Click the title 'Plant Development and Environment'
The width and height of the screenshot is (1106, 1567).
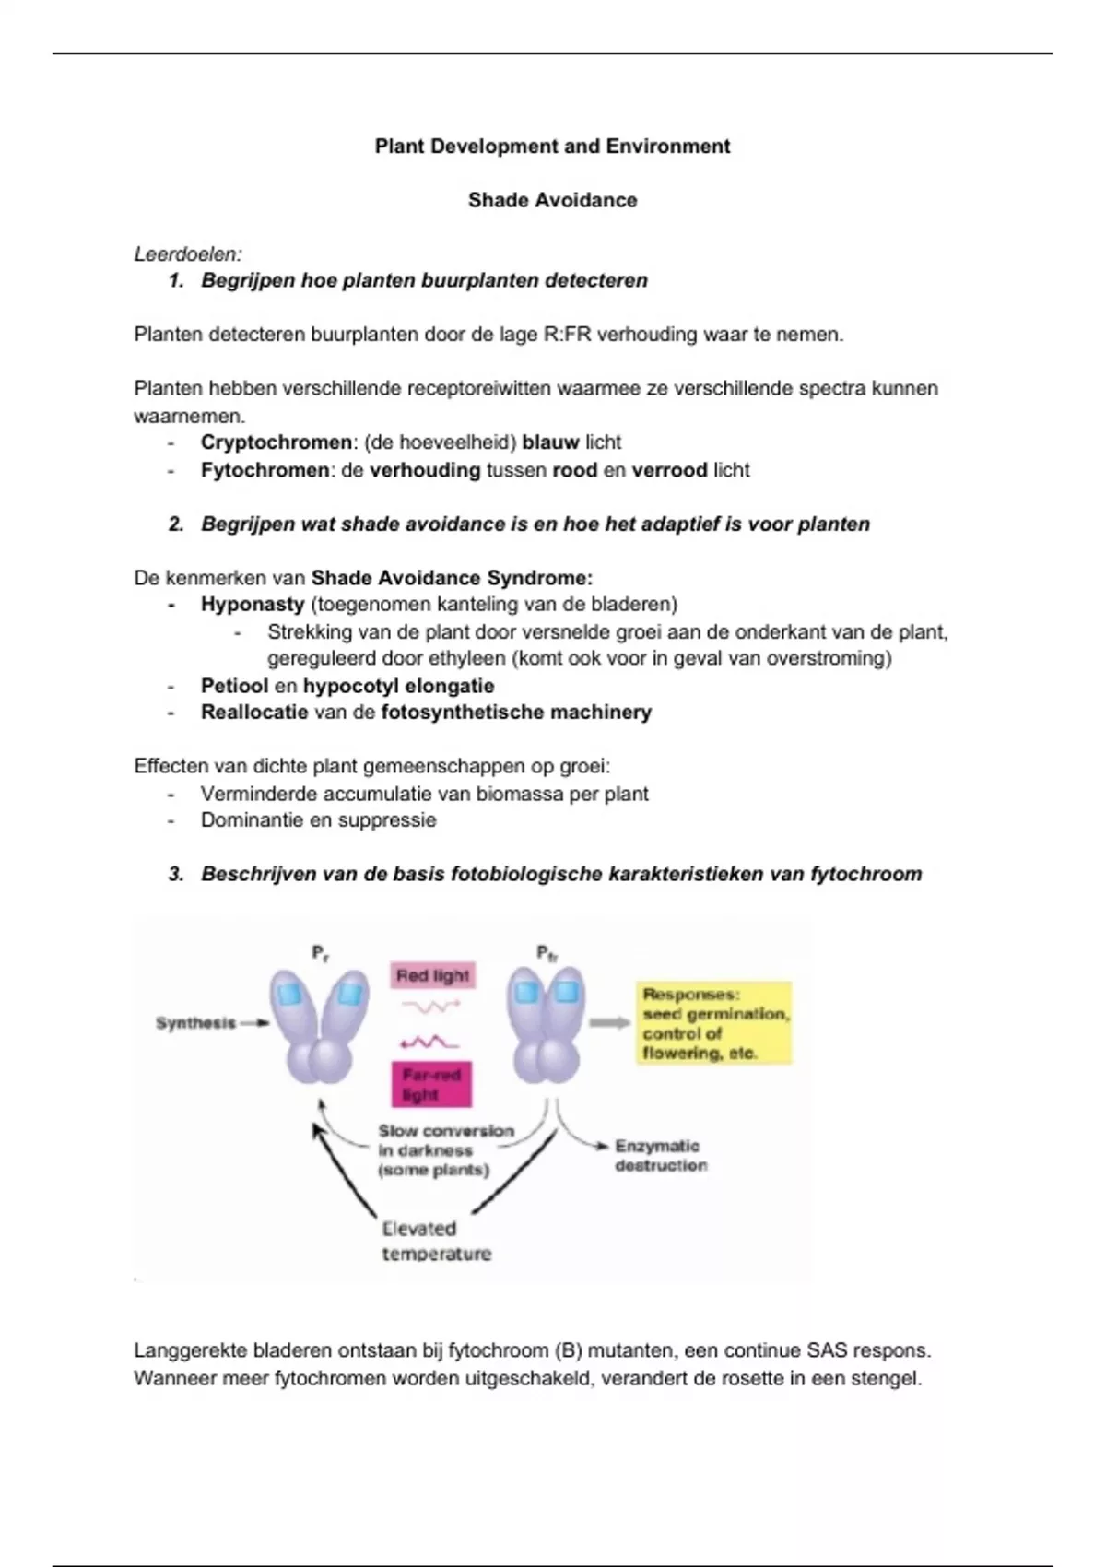552,146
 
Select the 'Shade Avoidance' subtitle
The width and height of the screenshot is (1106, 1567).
552,200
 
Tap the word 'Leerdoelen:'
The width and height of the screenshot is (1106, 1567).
188,253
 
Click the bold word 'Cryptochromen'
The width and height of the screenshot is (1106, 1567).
276,442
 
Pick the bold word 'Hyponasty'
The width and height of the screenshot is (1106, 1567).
253,605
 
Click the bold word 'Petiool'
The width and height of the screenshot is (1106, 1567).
234,686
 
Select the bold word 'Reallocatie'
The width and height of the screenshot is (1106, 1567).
254,713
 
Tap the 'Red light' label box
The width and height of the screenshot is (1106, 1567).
432,975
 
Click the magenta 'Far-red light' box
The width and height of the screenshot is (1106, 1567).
431,1085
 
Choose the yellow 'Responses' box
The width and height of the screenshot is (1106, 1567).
714,1023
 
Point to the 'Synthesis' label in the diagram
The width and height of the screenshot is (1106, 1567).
195,1023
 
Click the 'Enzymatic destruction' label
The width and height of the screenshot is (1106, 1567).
660,1156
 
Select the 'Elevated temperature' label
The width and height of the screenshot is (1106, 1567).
436,1241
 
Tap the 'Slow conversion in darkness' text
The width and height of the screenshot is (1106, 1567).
444,1150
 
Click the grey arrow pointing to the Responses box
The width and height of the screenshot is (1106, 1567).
609,1022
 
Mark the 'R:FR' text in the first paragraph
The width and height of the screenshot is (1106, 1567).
562,335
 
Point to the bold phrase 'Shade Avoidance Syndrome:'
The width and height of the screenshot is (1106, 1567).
452,578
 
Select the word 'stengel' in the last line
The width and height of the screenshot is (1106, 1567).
887,1379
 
